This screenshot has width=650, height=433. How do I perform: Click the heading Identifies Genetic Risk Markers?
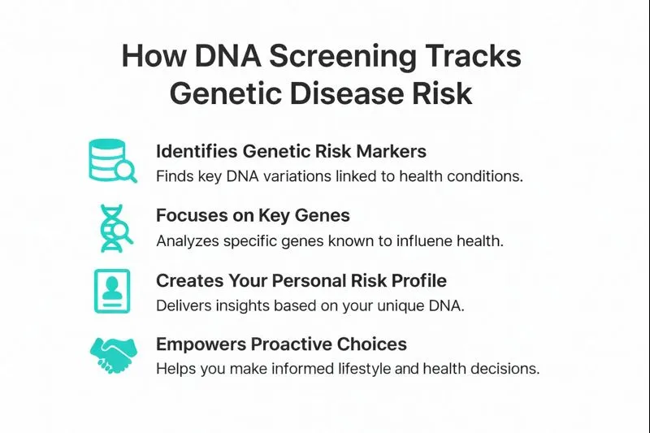tap(291, 151)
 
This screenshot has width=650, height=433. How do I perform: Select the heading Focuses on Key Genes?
tap(253, 215)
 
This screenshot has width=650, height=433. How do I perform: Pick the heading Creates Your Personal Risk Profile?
tap(301, 280)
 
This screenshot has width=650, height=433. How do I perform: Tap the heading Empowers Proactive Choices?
tap(281, 344)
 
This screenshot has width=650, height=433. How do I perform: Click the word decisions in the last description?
tap(505, 369)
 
